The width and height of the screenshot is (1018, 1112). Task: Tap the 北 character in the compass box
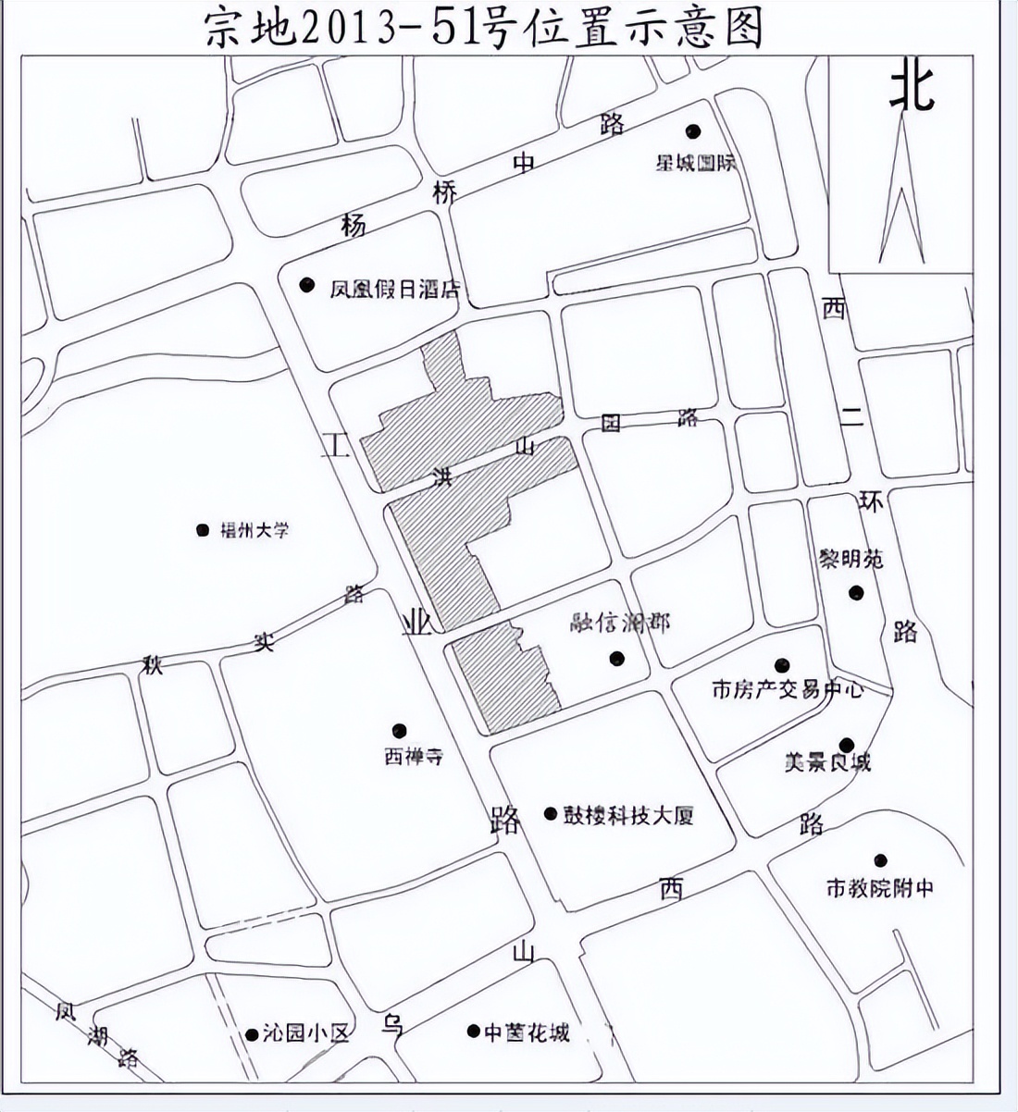(x=912, y=88)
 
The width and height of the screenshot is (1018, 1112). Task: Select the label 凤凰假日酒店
(x=395, y=290)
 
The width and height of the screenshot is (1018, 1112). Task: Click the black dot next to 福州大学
(x=203, y=530)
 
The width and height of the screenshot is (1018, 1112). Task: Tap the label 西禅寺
(x=414, y=756)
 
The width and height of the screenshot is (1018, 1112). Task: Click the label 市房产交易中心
(x=787, y=689)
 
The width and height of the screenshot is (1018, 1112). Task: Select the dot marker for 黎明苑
(x=856, y=592)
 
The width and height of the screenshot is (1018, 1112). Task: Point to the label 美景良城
(x=827, y=763)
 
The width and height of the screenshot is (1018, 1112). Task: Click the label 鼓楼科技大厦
(x=628, y=816)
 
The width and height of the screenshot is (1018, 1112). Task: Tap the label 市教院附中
(x=879, y=888)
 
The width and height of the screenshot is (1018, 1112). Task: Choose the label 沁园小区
(x=305, y=1033)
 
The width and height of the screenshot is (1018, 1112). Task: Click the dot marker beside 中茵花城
(x=473, y=1031)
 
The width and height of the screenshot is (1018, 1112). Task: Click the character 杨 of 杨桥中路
(x=353, y=225)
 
